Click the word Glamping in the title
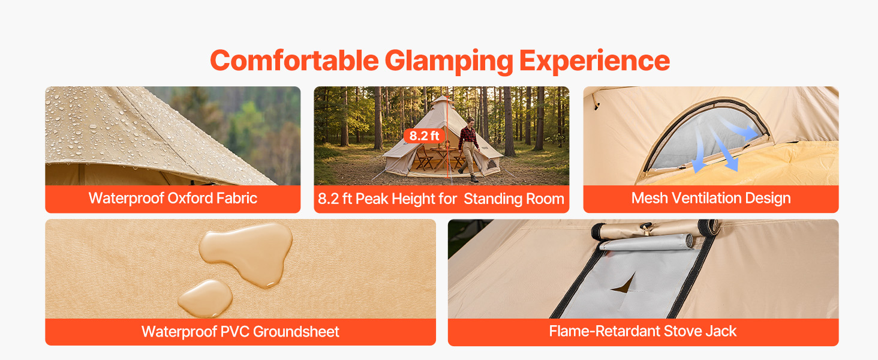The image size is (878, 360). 449,61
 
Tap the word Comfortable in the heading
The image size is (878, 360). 294,61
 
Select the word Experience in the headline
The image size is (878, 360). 594,61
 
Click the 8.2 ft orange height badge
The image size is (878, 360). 424,136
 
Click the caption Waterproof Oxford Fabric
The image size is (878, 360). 173,199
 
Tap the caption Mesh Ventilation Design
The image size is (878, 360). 711,199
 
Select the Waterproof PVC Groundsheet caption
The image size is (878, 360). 240,332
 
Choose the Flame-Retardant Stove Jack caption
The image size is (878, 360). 643,331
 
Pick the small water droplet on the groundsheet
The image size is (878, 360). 205,298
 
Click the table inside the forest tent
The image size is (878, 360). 443,156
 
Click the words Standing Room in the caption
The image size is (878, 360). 514,199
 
